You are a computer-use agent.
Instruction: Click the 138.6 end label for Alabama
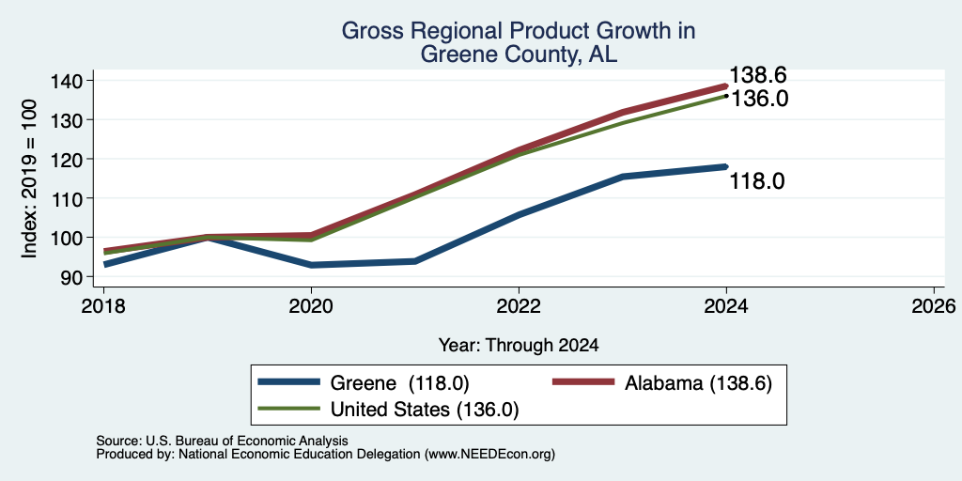pyautogui.click(x=758, y=75)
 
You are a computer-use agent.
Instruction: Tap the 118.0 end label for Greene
pyautogui.click(x=757, y=181)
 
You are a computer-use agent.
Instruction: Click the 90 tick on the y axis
pyautogui.click(x=81, y=277)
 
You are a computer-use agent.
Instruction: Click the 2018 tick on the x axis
pyautogui.click(x=103, y=305)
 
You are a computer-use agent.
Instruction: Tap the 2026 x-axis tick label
pyautogui.click(x=934, y=305)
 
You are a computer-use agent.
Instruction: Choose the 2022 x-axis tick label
pyautogui.click(x=519, y=305)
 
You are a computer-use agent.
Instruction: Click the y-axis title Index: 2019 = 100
pyautogui.click(x=29, y=179)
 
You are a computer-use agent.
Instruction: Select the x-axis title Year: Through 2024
pyautogui.click(x=519, y=346)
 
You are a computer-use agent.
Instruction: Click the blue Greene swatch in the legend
pyautogui.click(x=289, y=383)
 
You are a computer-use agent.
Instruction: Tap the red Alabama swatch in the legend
pyautogui.click(x=583, y=383)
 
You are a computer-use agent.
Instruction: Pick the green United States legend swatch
pyautogui.click(x=289, y=410)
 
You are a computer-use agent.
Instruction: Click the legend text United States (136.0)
pyautogui.click(x=425, y=410)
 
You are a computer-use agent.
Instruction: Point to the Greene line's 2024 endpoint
pyautogui.click(x=726, y=166)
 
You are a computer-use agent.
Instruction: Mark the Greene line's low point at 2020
pyautogui.click(x=312, y=265)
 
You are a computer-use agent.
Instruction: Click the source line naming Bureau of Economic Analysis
pyautogui.click(x=222, y=441)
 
